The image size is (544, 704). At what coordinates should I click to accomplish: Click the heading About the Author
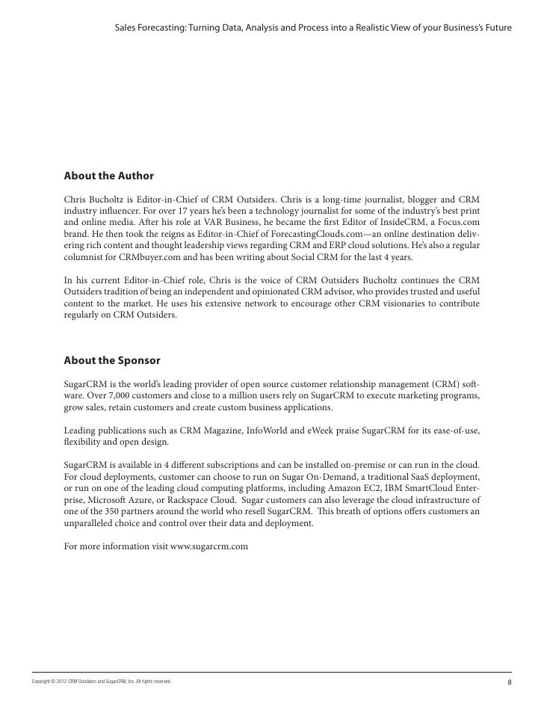[x=108, y=176]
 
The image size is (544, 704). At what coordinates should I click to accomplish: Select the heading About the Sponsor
[x=112, y=360]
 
